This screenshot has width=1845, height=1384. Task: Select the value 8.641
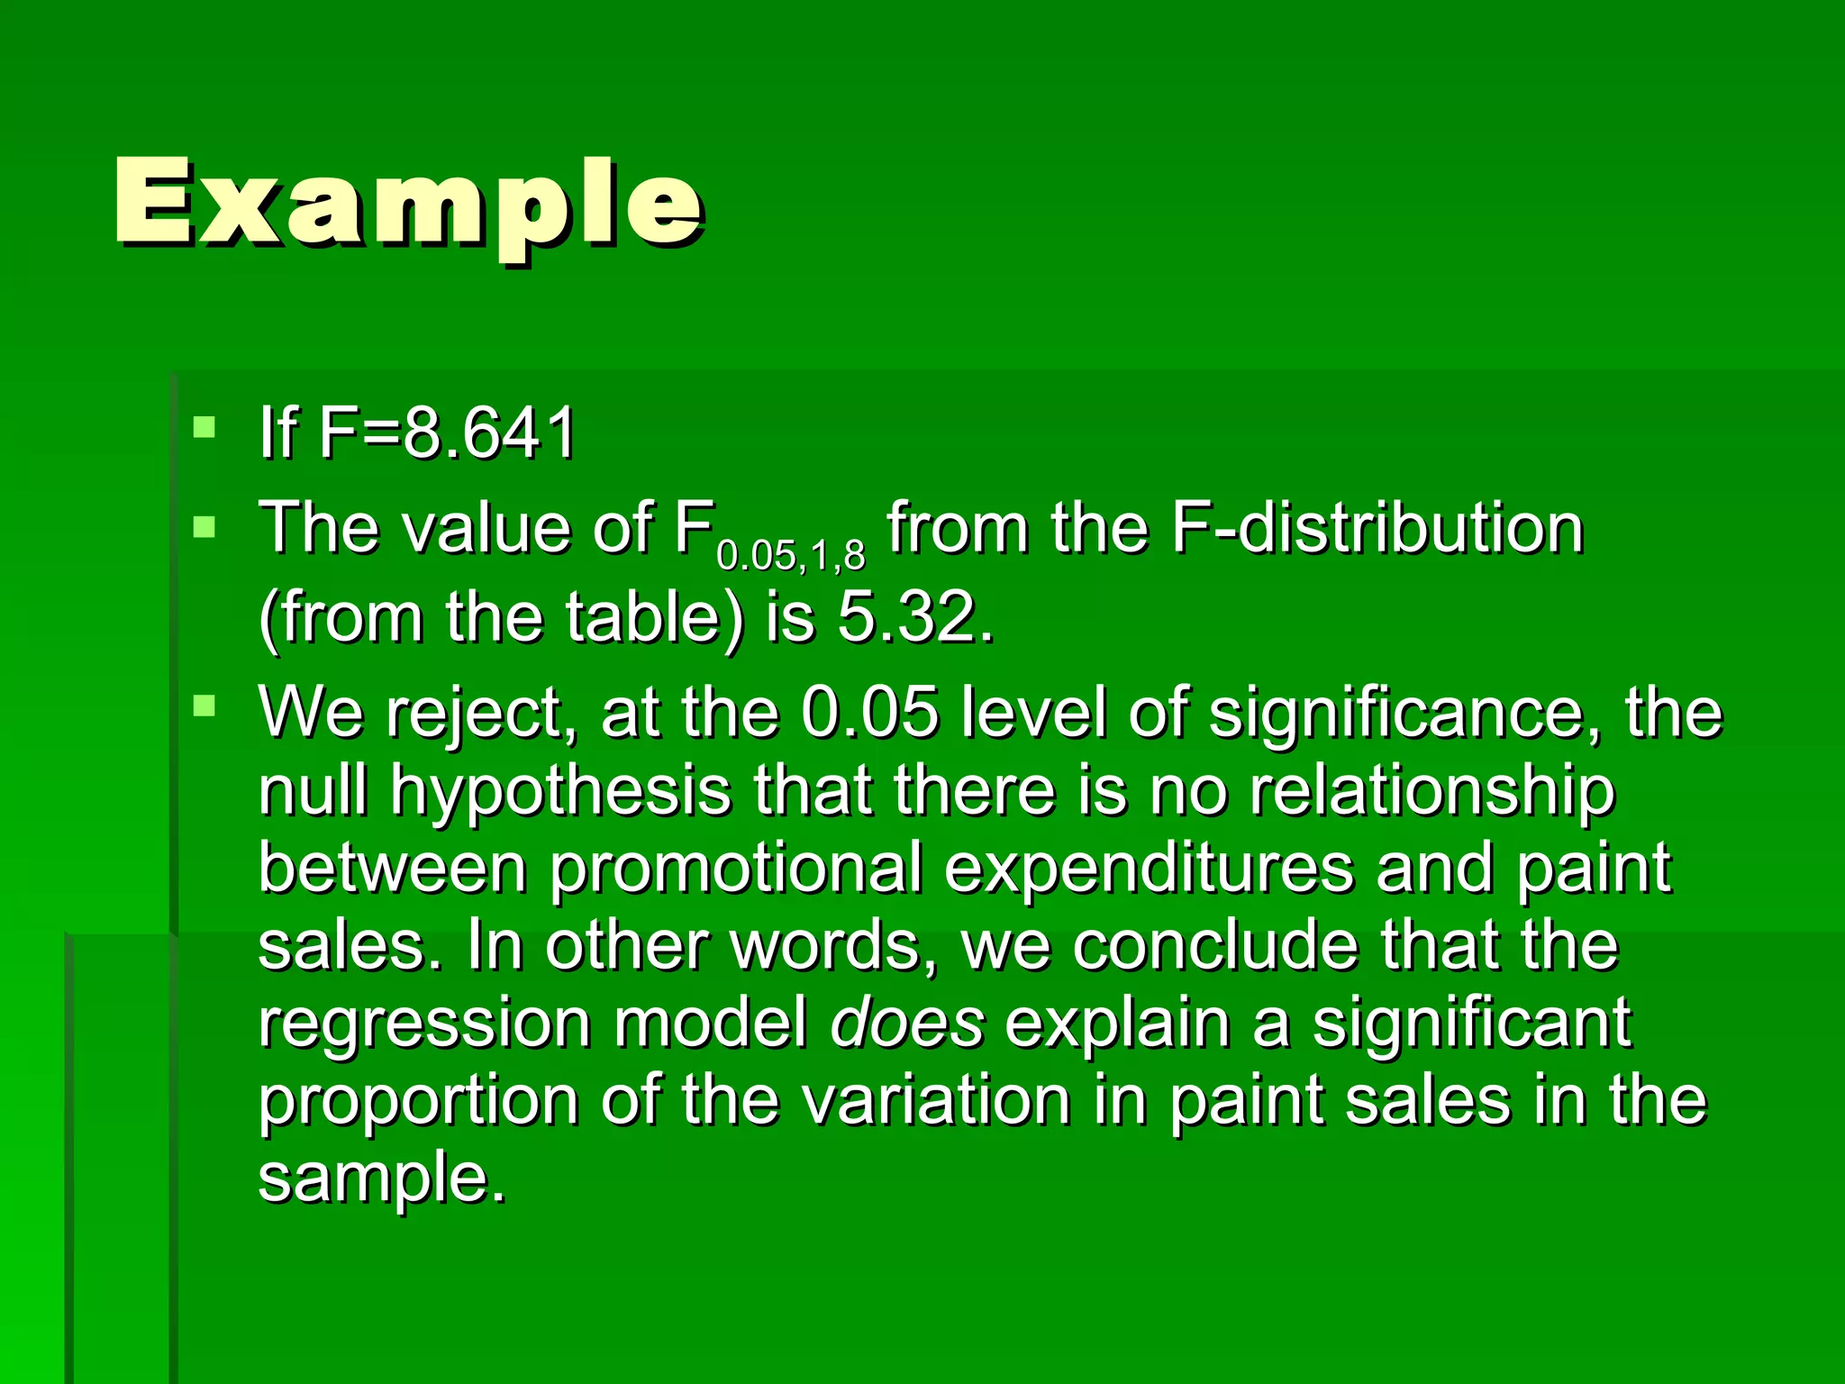tap(488, 434)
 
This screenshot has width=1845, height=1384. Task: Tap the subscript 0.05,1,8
tap(791, 557)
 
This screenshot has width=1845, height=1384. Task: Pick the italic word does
tap(906, 1024)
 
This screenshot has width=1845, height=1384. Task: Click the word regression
tap(424, 1024)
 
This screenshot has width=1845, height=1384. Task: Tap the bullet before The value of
tap(204, 525)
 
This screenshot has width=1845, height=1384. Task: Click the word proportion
tap(418, 1101)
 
